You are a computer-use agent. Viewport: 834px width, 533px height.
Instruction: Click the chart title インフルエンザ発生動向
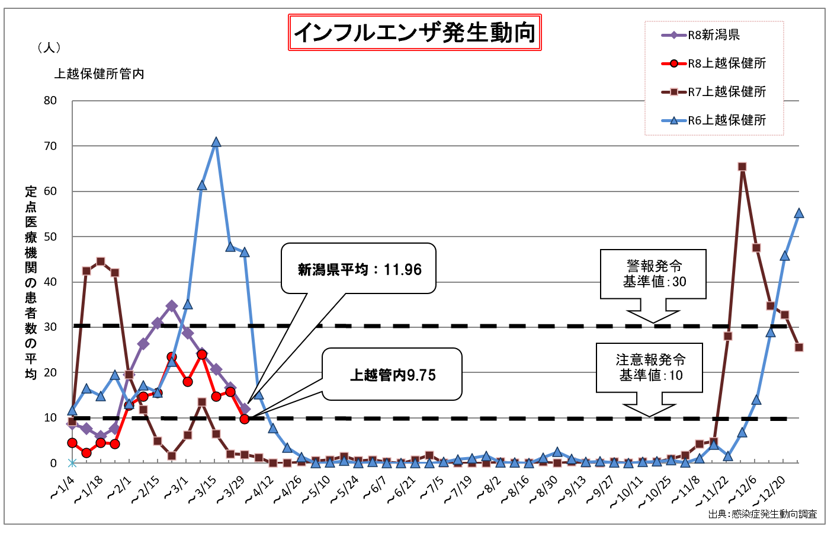pyautogui.click(x=415, y=32)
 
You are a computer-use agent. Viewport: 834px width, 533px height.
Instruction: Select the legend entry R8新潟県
pyautogui.click(x=713, y=35)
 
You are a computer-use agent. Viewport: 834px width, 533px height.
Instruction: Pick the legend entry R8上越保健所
pyautogui.click(x=726, y=63)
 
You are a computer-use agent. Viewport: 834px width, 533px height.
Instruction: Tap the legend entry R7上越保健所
pyautogui.click(x=726, y=92)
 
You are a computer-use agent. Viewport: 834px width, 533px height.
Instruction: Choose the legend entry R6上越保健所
pyautogui.click(x=726, y=120)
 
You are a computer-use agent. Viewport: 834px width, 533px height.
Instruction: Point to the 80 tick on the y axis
pyautogui.click(x=50, y=101)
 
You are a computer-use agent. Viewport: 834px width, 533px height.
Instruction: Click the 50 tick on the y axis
pyautogui.click(x=50, y=237)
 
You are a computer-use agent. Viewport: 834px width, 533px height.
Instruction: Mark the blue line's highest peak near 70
pyautogui.click(x=216, y=142)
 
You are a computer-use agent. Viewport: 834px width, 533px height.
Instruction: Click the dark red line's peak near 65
pyautogui.click(x=742, y=167)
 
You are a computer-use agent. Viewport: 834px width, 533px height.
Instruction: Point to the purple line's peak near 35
pyautogui.click(x=172, y=306)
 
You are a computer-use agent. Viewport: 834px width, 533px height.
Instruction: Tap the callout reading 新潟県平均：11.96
pyautogui.click(x=359, y=269)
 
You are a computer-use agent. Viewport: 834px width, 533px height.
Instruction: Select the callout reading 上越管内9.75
pyautogui.click(x=392, y=375)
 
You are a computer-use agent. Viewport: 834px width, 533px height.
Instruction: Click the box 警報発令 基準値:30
pyautogui.click(x=653, y=273)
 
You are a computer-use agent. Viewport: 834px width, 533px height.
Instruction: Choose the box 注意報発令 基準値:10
pyautogui.click(x=650, y=367)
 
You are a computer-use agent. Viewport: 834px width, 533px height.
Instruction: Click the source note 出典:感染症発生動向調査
pyautogui.click(x=762, y=514)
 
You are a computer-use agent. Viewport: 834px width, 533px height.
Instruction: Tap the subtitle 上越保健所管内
pyautogui.click(x=100, y=74)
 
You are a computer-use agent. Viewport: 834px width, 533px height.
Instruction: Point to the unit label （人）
pyautogui.click(x=49, y=47)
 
